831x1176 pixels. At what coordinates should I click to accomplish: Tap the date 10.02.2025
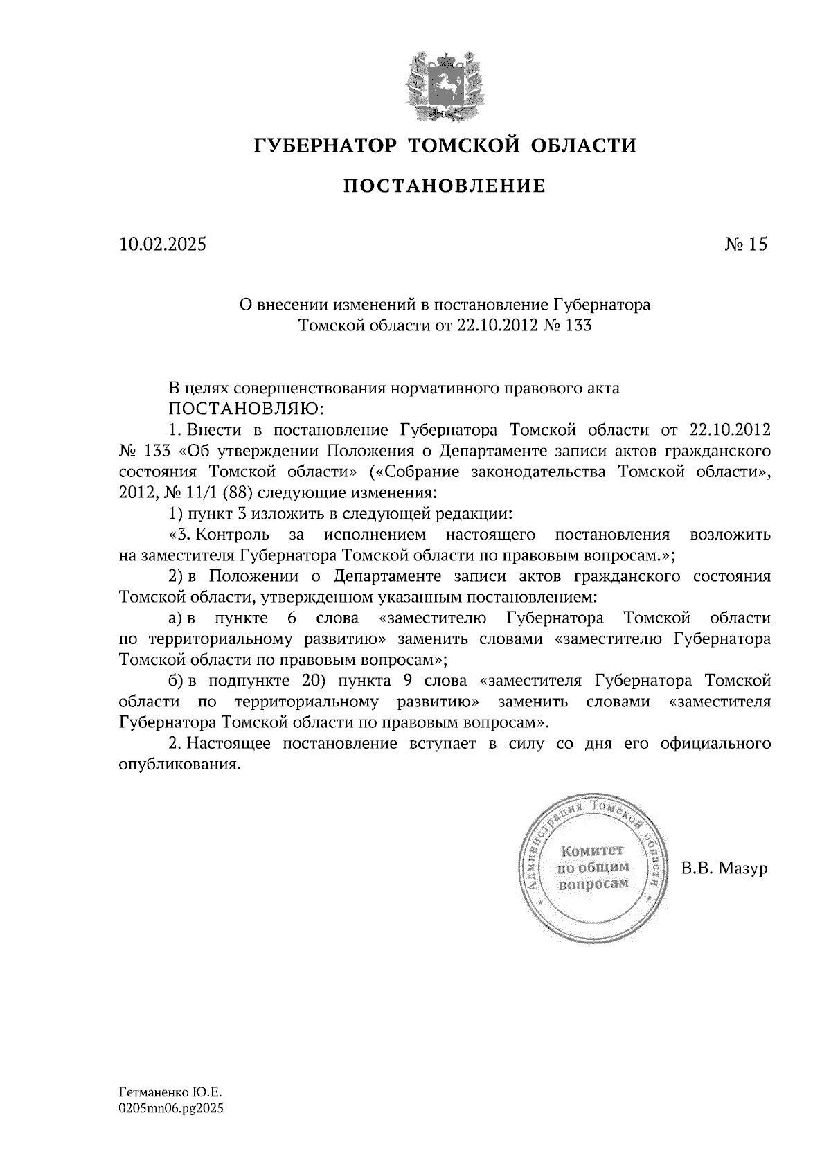(163, 244)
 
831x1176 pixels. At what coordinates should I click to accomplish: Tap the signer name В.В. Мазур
(724, 868)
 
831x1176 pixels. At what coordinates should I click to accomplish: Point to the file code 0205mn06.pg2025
(172, 1108)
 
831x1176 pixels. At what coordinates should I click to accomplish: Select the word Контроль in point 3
(229, 535)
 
